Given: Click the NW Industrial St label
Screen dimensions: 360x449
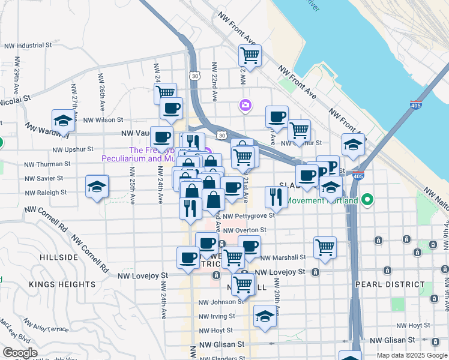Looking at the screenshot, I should (x=28, y=46).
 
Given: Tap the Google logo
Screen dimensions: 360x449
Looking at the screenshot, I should (x=20, y=353).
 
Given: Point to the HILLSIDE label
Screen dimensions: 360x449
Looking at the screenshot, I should (x=59, y=257).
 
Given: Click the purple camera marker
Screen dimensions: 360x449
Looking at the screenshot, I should (x=245, y=106).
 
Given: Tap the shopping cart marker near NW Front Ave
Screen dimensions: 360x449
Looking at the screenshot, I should (x=250, y=56).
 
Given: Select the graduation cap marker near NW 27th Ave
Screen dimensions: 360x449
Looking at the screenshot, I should (x=63, y=121).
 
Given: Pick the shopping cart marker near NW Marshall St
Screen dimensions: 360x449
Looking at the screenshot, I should (x=325, y=247).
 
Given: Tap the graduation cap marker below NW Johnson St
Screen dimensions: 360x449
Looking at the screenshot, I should (x=264, y=316).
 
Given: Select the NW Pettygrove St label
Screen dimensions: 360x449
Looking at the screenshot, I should (x=248, y=215).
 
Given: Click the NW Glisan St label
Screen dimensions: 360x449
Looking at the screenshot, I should (x=222, y=345).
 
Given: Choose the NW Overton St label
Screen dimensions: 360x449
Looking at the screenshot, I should (x=244, y=230).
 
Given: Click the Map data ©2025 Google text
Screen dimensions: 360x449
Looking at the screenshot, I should (x=411, y=355).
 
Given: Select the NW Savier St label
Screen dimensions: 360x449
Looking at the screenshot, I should (x=44, y=178).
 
